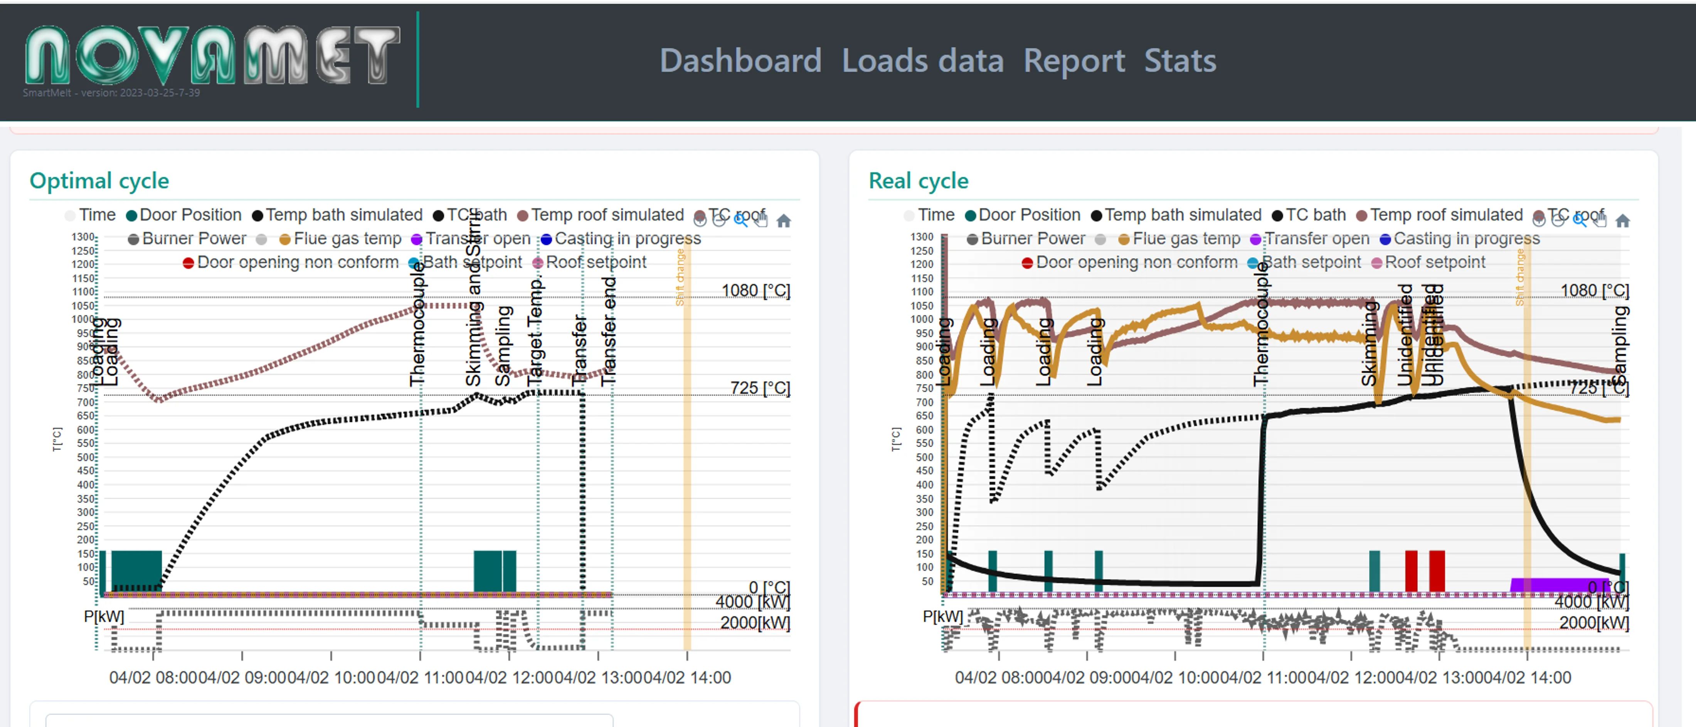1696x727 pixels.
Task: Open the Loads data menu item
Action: [x=922, y=61]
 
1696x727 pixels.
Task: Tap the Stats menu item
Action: [x=1180, y=61]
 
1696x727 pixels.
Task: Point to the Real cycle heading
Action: [x=919, y=180]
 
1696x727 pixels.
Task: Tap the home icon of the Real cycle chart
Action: [x=1622, y=220]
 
